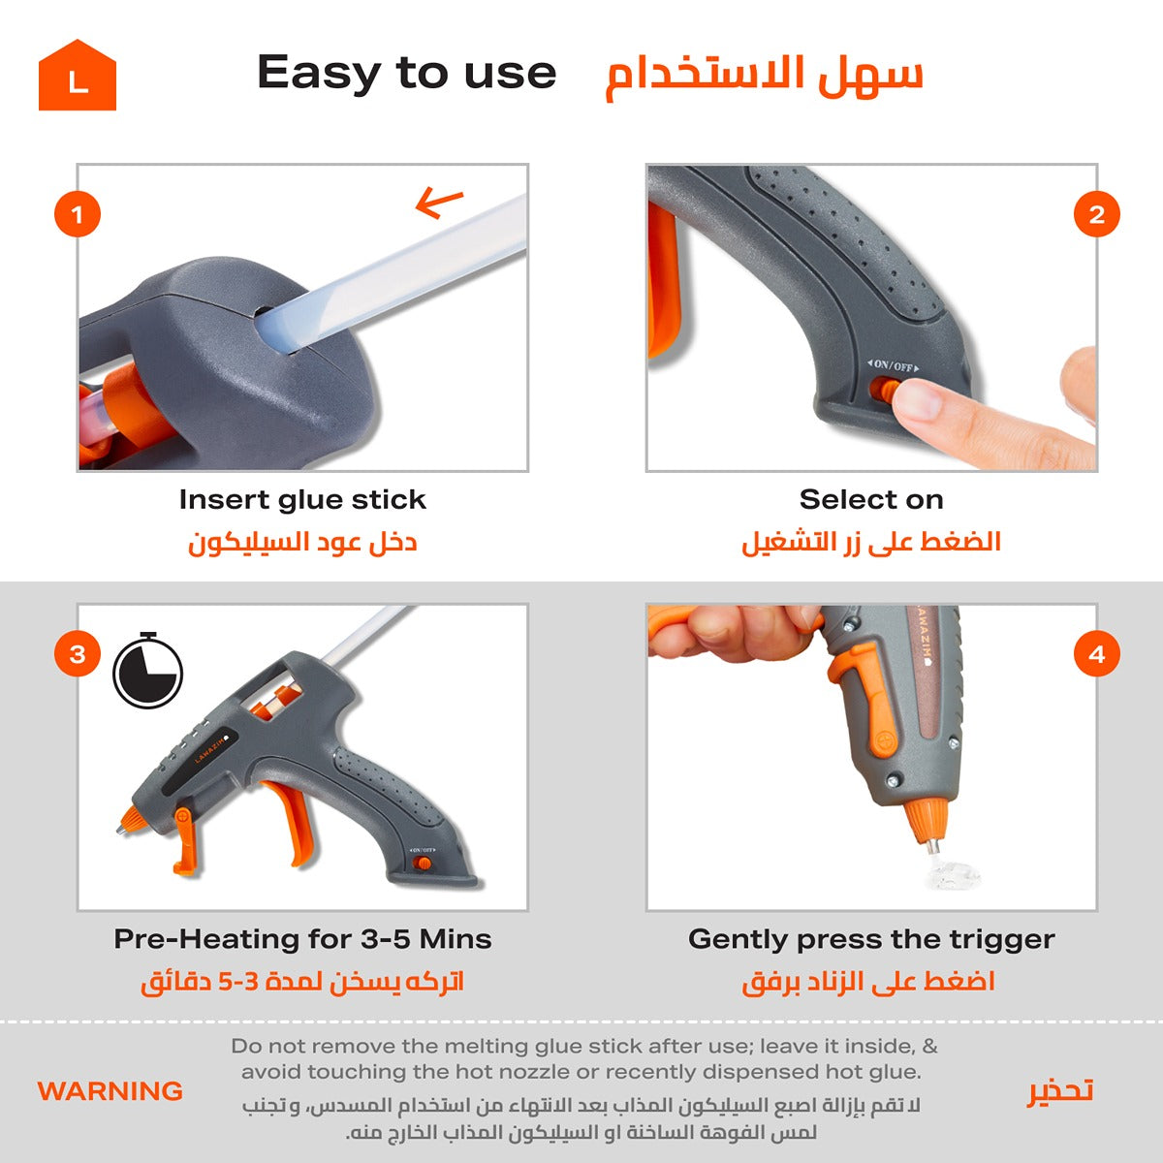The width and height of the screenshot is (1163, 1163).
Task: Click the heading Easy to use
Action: (406, 74)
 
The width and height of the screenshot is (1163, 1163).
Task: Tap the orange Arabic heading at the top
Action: (764, 78)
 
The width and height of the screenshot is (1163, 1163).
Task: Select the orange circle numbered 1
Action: (78, 214)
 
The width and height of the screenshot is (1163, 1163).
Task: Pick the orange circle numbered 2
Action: (1096, 214)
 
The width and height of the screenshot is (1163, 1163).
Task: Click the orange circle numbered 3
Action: (78, 653)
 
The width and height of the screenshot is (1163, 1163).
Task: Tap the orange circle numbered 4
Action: (1096, 653)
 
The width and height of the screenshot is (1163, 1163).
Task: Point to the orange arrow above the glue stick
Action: (439, 202)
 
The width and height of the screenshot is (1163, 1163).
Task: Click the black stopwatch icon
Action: (148, 670)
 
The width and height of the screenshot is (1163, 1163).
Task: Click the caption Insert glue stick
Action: (302, 500)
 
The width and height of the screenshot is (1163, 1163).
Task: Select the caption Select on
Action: (871, 500)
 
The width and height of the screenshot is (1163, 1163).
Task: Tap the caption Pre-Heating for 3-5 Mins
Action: (302, 939)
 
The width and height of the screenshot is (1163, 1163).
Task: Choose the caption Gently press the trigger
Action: (871, 940)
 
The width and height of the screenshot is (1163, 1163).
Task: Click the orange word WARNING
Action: (110, 1091)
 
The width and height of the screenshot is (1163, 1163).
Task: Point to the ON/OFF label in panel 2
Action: (894, 365)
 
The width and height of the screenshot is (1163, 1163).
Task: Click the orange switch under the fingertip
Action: (882, 390)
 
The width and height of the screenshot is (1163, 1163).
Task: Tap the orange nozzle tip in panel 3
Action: (130, 821)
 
